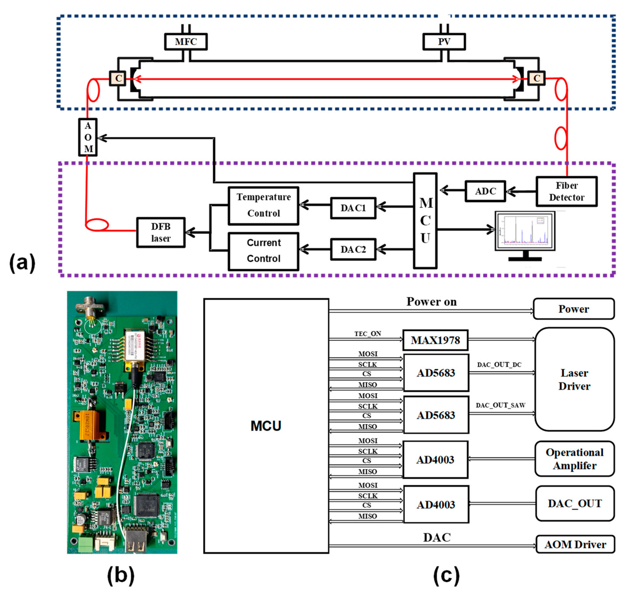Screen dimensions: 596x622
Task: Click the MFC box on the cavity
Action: pos(186,42)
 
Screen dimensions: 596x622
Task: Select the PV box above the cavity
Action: pos(444,42)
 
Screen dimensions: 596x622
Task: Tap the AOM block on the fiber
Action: pos(88,137)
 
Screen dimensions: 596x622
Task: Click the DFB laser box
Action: pos(161,232)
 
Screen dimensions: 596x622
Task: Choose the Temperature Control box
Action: pos(263,205)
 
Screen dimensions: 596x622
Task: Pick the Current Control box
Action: pos(263,251)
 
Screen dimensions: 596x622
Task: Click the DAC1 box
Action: pos(353,208)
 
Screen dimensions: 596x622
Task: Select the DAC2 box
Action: pos(353,249)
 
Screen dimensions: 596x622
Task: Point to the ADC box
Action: pos(485,191)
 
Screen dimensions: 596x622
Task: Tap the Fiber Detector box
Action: pos(566,191)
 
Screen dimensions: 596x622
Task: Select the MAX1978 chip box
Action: pos(435,340)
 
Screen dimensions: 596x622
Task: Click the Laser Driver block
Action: pos(574,379)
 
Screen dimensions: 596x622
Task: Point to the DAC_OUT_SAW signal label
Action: pos(500,405)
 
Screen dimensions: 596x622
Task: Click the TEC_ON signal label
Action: pos(368,334)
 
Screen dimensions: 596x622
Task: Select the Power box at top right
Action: pos(574,309)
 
